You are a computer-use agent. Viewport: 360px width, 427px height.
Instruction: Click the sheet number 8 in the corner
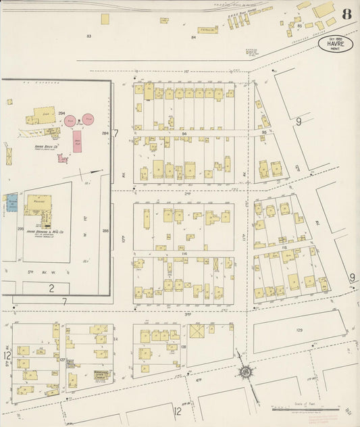pyautogui.click(x=346, y=14)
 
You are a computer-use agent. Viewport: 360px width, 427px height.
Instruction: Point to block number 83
pyautogui.click(x=88, y=34)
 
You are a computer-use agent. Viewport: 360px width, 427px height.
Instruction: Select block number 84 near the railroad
pyautogui.click(x=193, y=37)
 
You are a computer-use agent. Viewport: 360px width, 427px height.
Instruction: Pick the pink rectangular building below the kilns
pyautogui.click(x=77, y=141)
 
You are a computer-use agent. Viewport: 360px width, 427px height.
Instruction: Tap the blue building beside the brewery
pyautogui.click(x=11, y=202)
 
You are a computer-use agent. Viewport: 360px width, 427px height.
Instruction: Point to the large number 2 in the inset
pyautogui.click(x=51, y=288)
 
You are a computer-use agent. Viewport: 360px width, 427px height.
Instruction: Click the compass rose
pyautogui.click(x=246, y=371)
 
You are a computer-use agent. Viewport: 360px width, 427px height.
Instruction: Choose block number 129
pyautogui.click(x=299, y=330)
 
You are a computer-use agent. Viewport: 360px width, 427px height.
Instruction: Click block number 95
pyautogui.click(x=265, y=132)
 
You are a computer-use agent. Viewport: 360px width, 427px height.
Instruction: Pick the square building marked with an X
pyautogui.click(x=197, y=332)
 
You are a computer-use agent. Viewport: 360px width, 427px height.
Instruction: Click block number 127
pyautogui.click(x=62, y=360)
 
